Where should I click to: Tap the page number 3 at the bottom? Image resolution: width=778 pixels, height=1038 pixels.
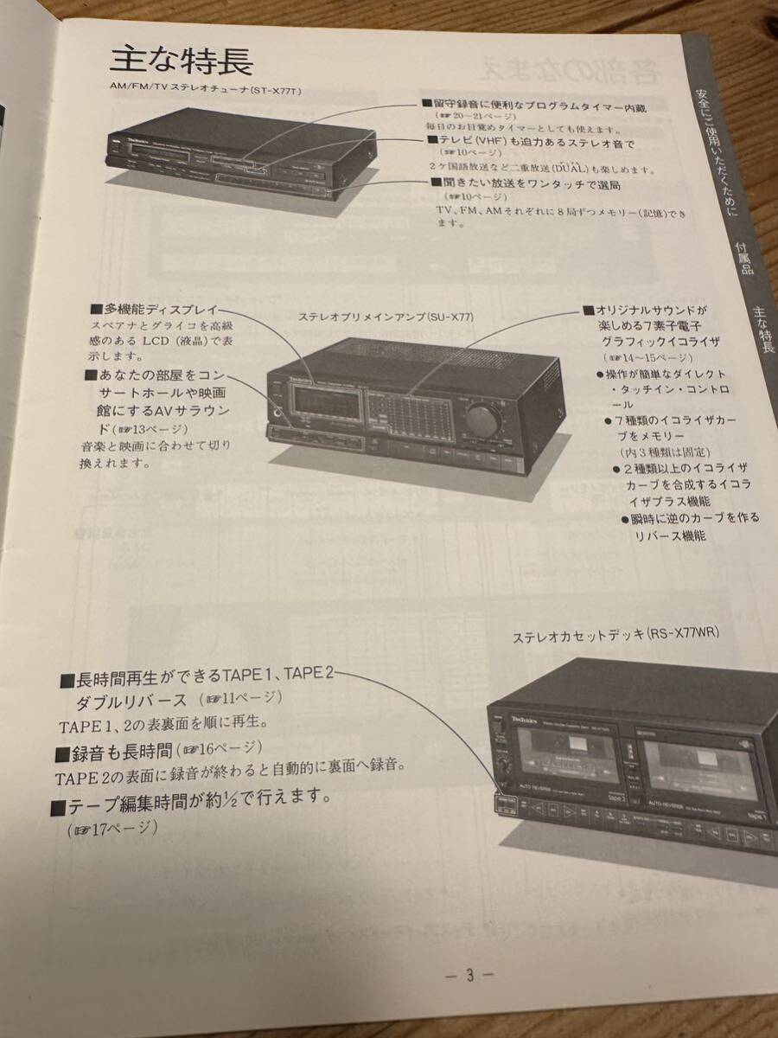(469, 975)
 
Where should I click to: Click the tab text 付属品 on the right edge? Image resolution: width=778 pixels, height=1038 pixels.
(743, 257)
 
